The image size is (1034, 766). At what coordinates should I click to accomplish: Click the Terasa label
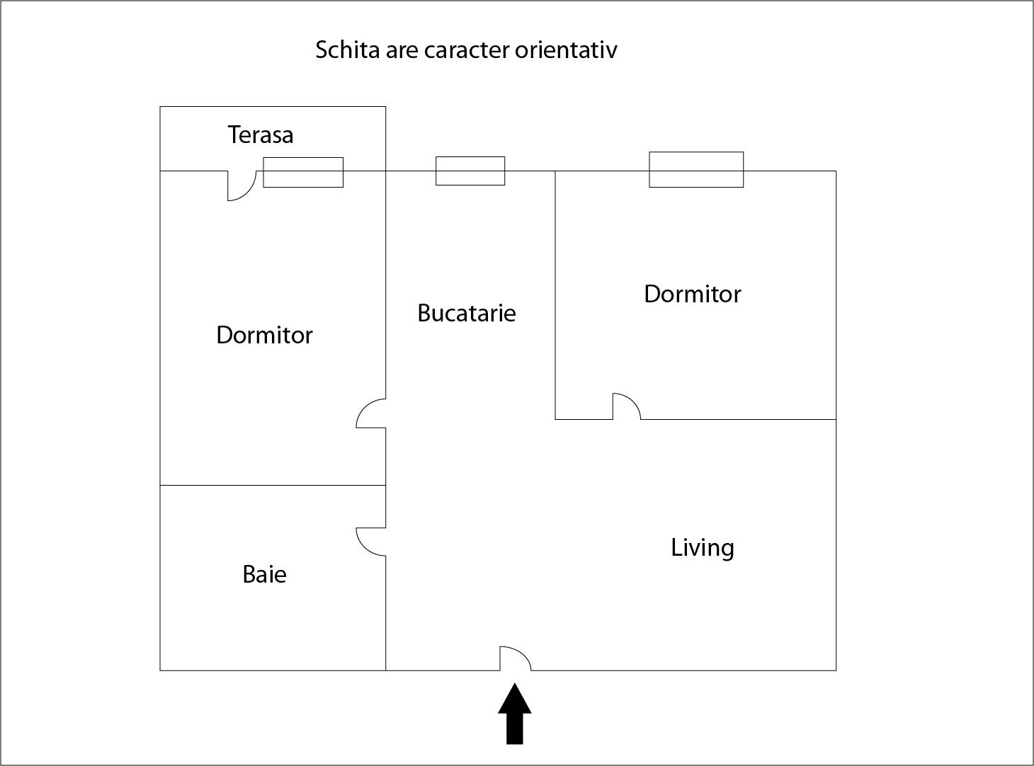point(261,135)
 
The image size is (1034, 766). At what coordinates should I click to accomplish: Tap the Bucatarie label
point(467,313)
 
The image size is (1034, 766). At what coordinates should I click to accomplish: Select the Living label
point(703,548)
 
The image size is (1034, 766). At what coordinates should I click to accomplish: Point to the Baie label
point(264,574)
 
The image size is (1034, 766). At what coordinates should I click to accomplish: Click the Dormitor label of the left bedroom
point(264,335)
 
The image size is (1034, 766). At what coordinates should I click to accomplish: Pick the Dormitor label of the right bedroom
point(693,295)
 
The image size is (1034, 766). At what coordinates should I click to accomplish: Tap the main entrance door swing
point(515,658)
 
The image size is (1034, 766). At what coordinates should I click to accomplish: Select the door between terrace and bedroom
point(242,186)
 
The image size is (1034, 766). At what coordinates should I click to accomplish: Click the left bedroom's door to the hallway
point(371,413)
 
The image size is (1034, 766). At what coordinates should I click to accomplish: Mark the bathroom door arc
point(371,542)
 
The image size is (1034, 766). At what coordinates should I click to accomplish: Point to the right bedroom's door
point(627,406)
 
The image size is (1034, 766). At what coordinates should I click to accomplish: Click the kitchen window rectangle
point(470,171)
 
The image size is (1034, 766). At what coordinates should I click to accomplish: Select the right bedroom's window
point(696,170)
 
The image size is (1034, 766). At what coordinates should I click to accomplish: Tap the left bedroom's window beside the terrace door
point(304,173)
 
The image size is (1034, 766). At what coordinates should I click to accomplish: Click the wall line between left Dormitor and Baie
point(273,486)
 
